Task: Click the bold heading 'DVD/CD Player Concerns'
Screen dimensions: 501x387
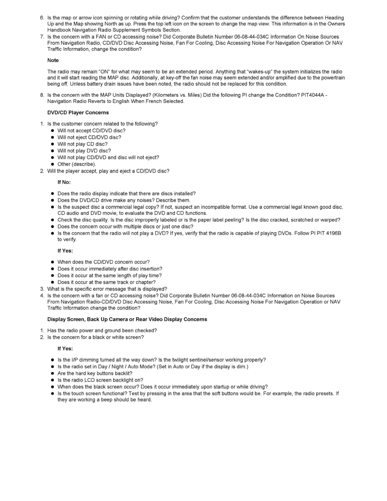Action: click(x=78, y=113)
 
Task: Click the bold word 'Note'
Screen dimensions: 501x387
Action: click(x=53, y=61)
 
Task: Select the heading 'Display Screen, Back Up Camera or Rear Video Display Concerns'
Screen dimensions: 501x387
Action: click(x=127, y=319)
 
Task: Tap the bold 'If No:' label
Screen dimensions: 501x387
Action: click(x=64, y=182)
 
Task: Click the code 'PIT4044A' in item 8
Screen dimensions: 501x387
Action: click(x=313, y=95)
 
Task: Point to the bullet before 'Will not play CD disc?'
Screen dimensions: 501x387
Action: click(x=53, y=144)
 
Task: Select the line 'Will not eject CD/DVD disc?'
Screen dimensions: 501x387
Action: click(x=89, y=137)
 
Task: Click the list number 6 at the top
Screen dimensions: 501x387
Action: click(x=42, y=18)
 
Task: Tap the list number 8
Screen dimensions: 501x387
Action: click(x=42, y=95)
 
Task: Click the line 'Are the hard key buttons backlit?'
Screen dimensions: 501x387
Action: click(x=95, y=373)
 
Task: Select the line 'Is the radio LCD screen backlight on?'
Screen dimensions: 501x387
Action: click(x=100, y=380)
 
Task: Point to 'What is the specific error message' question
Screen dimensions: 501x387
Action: click(x=107, y=289)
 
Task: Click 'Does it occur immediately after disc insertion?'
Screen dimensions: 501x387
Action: click(x=110, y=269)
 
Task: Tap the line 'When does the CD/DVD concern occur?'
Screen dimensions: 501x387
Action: click(x=103, y=262)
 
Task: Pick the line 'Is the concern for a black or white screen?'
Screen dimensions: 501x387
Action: click(x=96, y=337)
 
